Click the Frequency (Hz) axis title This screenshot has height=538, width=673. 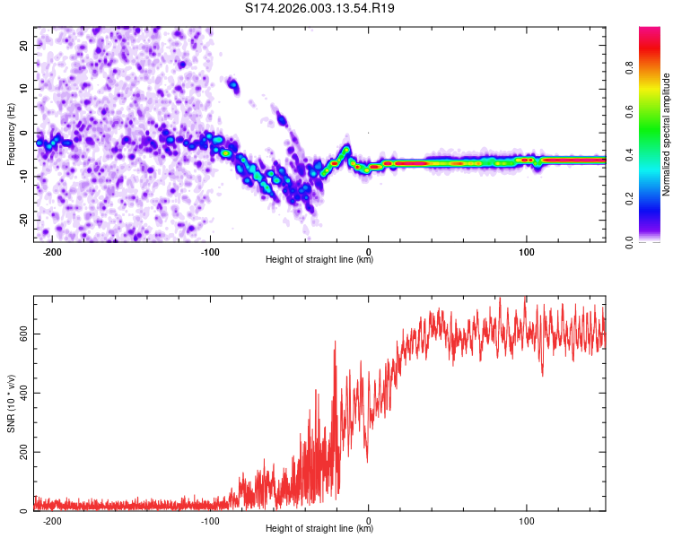point(11,134)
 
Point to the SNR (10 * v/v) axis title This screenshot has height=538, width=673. point(11,403)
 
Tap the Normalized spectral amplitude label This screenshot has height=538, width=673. point(667,134)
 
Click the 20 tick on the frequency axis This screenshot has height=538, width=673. point(24,45)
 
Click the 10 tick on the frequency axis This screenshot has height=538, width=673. point(24,89)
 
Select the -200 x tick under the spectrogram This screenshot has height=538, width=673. point(52,250)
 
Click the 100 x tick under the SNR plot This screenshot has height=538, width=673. point(527,519)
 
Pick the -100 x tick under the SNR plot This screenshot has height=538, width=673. point(211,519)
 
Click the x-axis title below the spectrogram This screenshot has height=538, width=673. point(319,260)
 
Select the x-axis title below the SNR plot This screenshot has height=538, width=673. point(319,529)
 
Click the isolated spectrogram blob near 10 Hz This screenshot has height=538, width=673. point(233,86)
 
